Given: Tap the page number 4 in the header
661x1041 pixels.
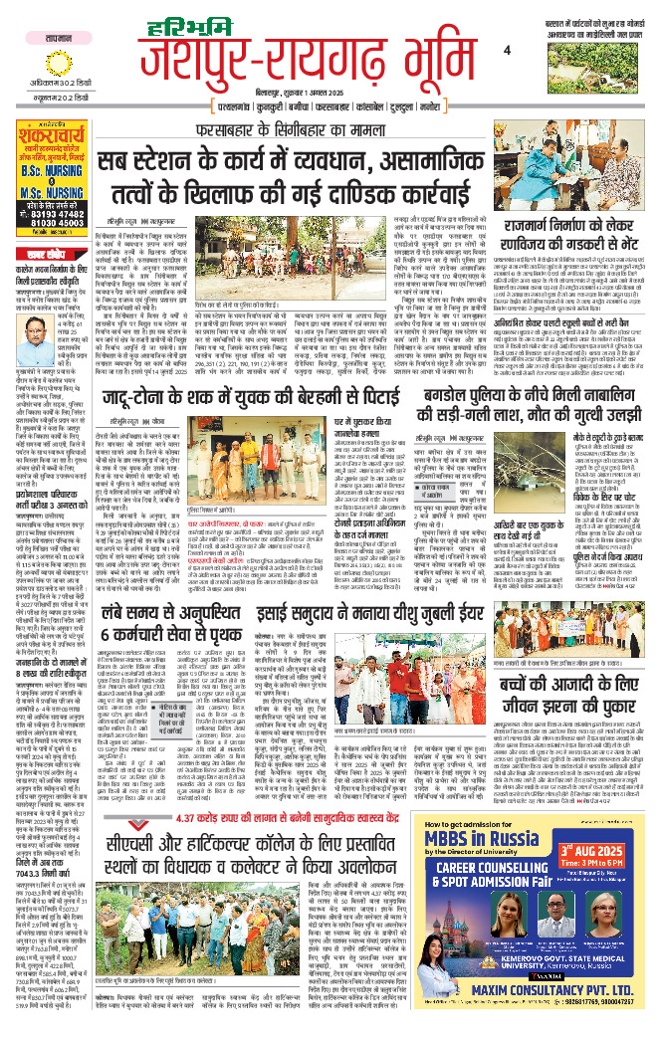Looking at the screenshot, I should [506, 51].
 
